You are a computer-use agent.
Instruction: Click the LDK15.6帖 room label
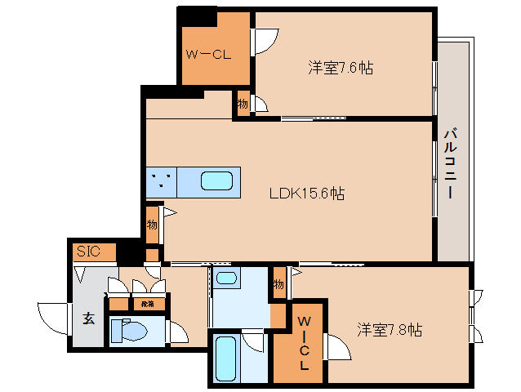307,194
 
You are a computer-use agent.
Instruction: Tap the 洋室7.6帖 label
341,68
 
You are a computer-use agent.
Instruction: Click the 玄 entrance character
88,318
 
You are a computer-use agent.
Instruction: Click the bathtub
225,357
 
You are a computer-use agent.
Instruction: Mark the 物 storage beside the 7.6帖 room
243,104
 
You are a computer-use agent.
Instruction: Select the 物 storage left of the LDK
152,223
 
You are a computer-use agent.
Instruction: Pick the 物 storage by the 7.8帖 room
278,283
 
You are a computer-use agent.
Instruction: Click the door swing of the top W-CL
264,41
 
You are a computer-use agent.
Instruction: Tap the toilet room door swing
177,332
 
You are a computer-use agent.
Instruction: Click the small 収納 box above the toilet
147,304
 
